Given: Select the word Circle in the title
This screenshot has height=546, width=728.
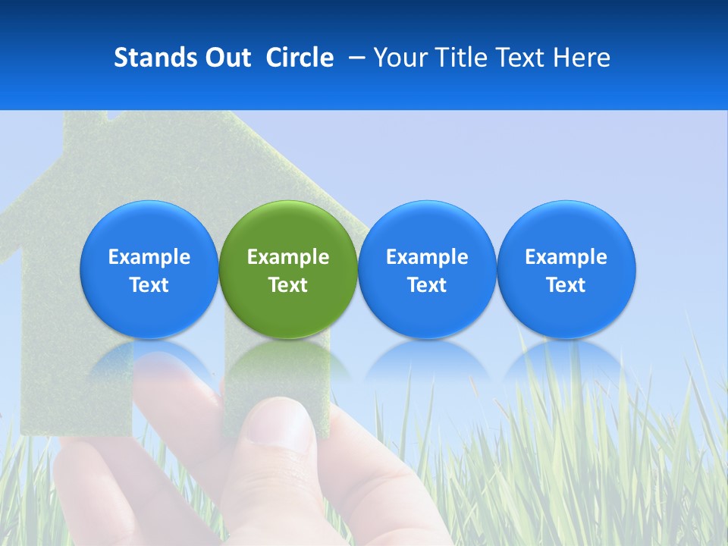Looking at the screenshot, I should [x=300, y=58].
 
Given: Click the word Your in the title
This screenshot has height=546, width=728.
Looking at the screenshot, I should [x=400, y=58].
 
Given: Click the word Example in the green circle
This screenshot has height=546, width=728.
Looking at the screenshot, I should [x=288, y=257].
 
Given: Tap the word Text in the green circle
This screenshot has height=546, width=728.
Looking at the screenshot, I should [x=288, y=285].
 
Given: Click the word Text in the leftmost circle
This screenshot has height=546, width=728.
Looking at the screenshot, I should [x=149, y=285].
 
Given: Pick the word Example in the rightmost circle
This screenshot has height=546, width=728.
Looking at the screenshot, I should [x=566, y=257].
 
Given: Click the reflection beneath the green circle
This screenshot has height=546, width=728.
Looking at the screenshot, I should [x=288, y=360].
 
